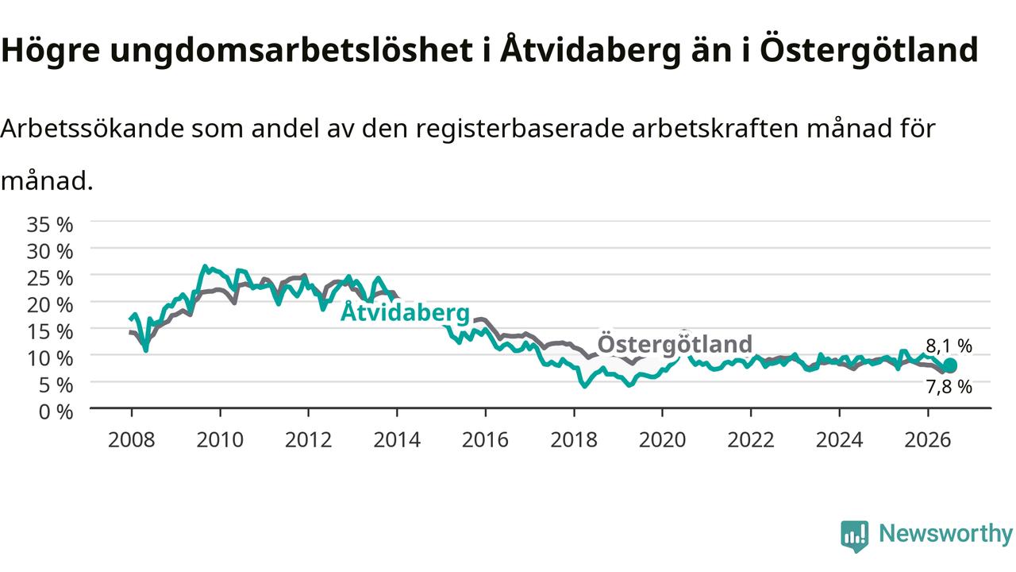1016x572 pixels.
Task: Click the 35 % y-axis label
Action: click(x=50, y=224)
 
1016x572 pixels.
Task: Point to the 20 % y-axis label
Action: click(x=50, y=304)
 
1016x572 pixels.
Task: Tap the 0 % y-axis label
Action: click(x=56, y=412)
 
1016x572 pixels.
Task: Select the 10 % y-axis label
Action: click(x=50, y=358)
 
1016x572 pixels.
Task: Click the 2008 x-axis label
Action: click(x=132, y=440)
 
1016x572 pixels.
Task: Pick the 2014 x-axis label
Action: click(x=397, y=440)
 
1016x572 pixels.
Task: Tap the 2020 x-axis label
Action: click(x=662, y=440)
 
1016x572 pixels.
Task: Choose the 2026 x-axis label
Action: click(x=928, y=440)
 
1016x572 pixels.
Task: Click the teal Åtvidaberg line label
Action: click(x=405, y=312)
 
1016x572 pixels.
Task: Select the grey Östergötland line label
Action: click(x=675, y=343)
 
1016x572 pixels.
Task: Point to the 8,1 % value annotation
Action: click(x=949, y=346)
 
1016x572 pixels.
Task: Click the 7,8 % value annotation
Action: click(x=949, y=387)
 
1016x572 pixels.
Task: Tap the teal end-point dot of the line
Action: click(x=950, y=365)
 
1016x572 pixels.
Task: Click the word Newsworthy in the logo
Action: click(x=945, y=533)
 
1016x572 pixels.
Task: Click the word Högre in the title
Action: click(x=50, y=50)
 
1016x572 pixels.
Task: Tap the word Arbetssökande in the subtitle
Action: click(x=92, y=128)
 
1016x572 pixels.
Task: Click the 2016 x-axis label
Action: click(x=485, y=440)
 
